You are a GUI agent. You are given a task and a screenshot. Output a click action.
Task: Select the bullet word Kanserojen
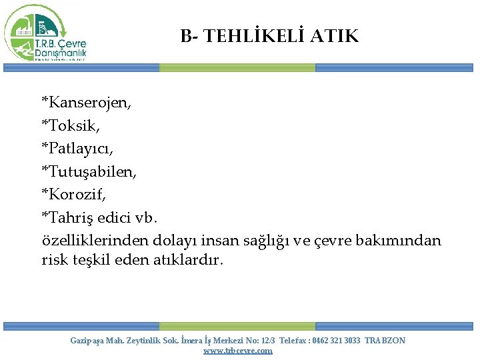pyautogui.click(x=89, y=103)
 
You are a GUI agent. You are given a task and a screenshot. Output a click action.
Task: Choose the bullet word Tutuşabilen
pyautogui.click(x=92, y=171)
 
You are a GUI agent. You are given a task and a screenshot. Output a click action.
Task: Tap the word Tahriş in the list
pyautogui.click(x=71, y=217)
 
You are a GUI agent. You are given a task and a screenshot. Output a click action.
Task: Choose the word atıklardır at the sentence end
pyautogui.click(x=190, y=259)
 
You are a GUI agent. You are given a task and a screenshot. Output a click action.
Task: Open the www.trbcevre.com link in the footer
pyautogui.click(x=237, y=351)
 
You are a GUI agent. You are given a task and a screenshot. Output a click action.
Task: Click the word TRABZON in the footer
pyautogui.click(x=385, y=341)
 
